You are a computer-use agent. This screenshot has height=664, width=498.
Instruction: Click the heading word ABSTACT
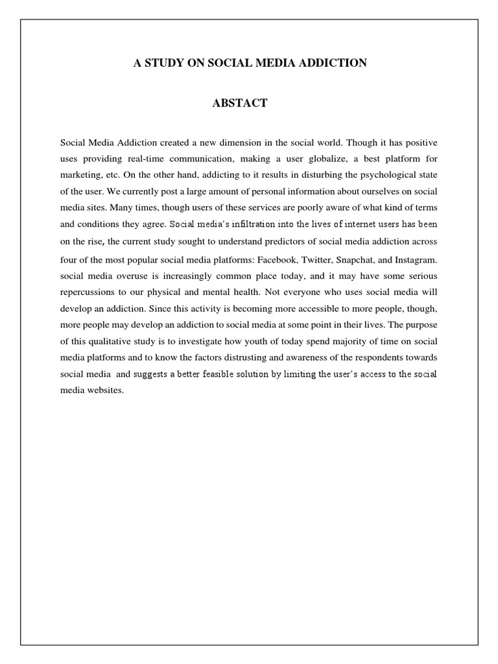[239, 104]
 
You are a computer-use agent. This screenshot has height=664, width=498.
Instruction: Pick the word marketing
[80, 174]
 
